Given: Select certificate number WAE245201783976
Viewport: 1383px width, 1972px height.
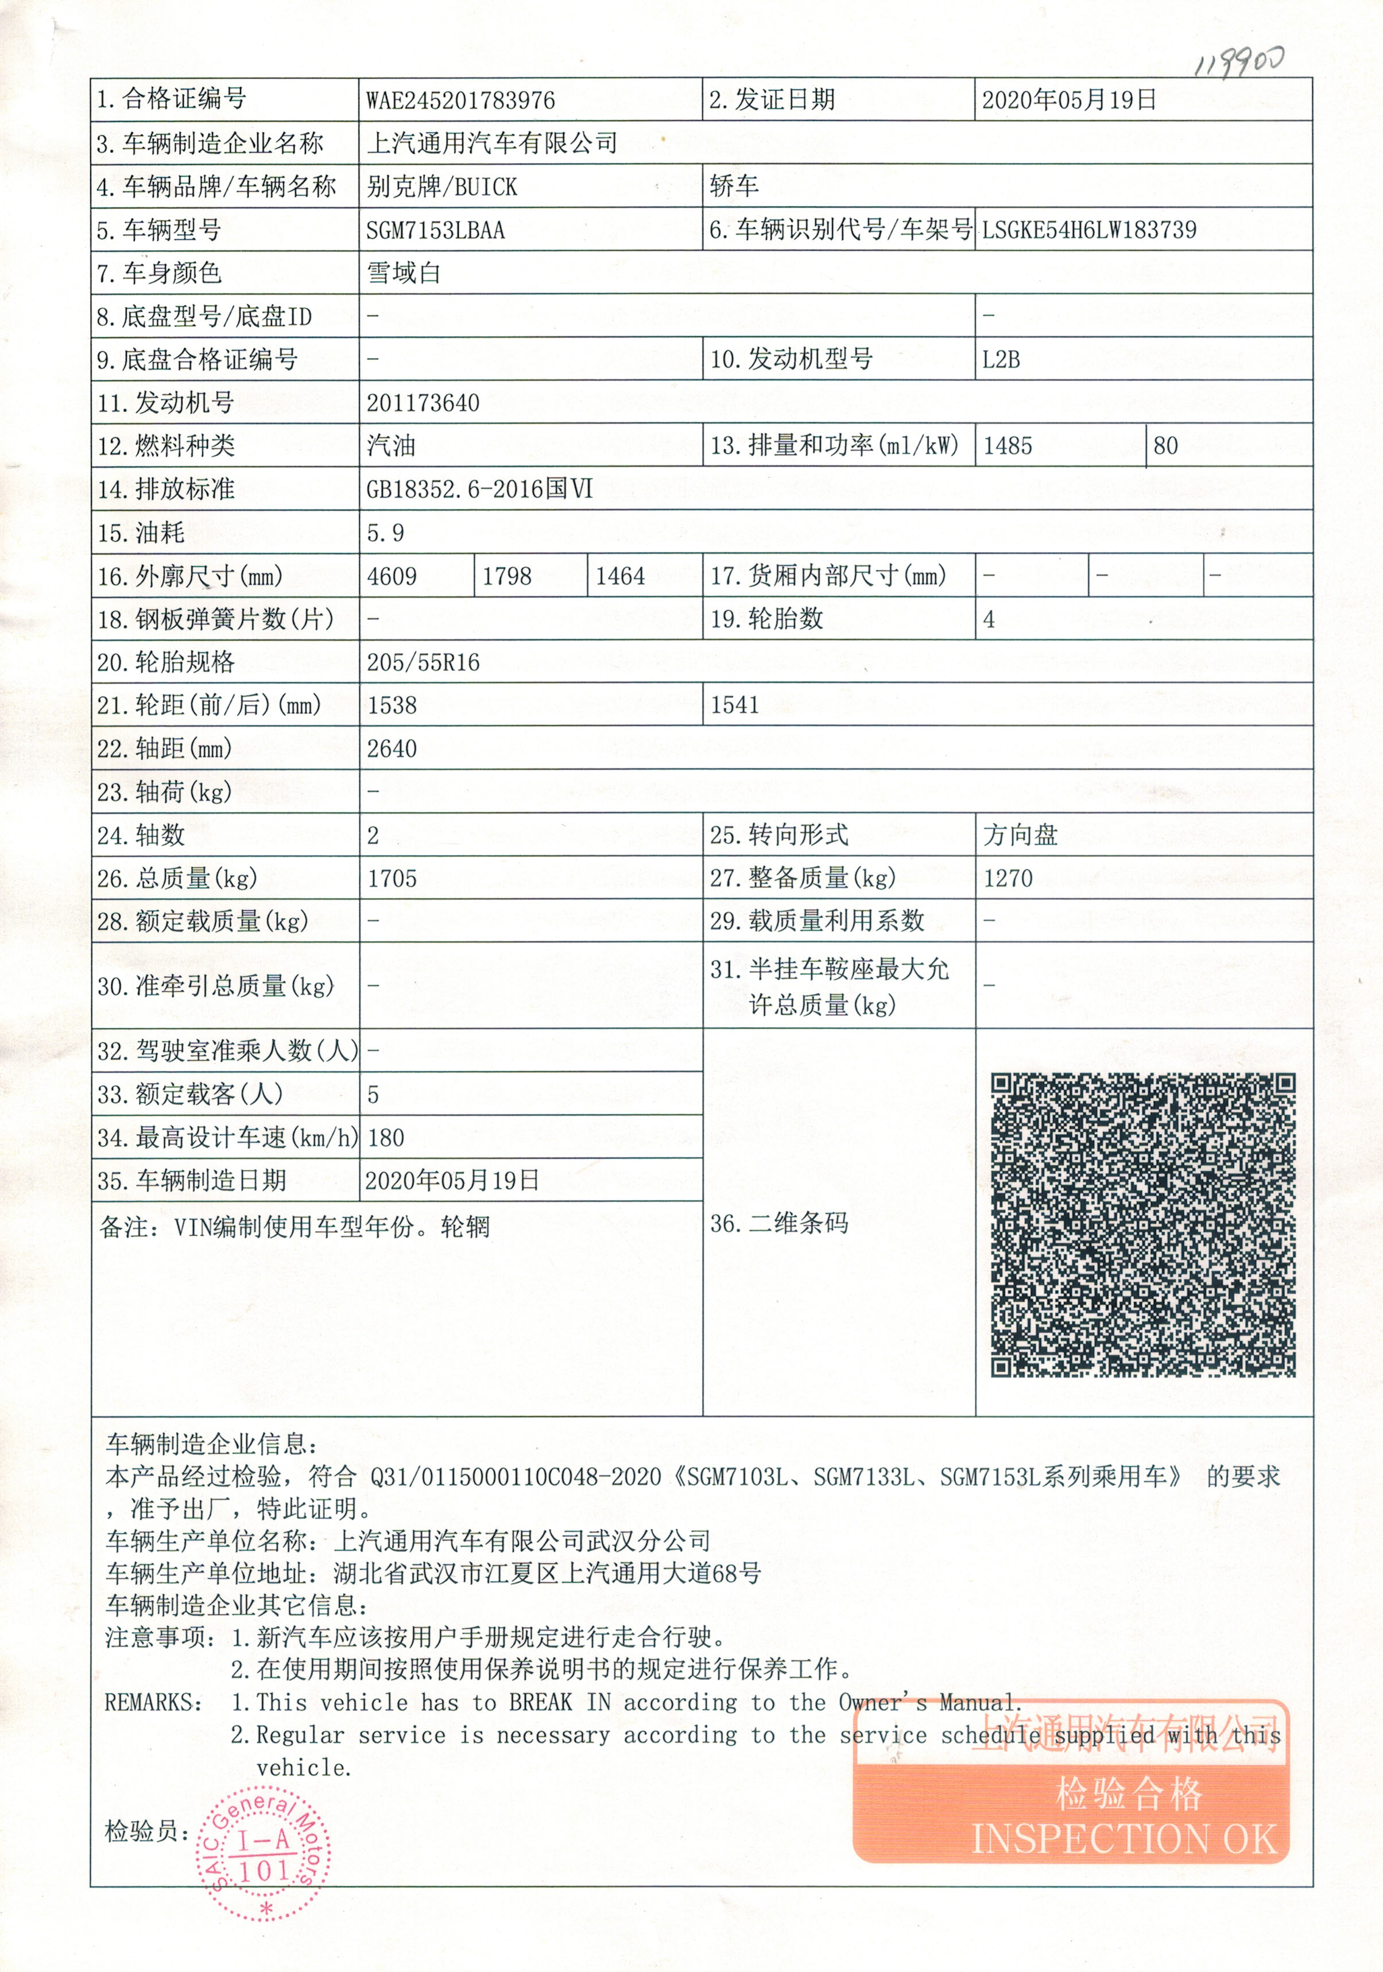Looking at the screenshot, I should point(460,100).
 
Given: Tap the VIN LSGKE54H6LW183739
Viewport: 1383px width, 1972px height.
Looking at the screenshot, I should point(1089,230).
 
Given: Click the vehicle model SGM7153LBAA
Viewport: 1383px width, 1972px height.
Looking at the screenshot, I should point(436,230).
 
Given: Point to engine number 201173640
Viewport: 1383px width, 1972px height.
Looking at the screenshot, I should point(423,403).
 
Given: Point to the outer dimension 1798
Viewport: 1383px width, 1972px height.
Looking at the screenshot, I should point(507,576).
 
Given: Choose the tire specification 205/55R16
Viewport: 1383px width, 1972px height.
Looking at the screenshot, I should point(423,662).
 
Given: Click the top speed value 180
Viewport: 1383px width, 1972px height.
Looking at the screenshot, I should point(386,1138).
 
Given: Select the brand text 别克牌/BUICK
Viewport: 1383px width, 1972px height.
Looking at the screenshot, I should point(441,187).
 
